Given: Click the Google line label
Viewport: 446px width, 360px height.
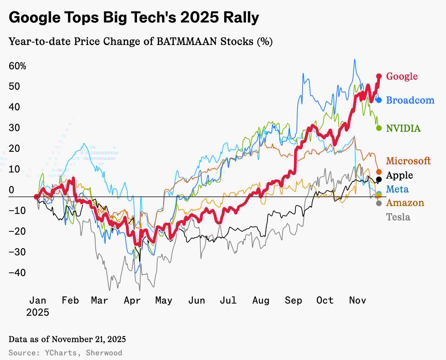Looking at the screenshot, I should tap(402, 76).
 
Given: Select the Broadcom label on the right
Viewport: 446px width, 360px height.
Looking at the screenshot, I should tap(410, 100).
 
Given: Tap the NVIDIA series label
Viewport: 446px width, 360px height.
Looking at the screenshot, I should tap(404, 128).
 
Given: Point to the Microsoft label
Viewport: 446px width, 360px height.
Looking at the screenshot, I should tap(408, 161).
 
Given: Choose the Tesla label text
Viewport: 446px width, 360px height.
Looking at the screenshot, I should tap(398, 217).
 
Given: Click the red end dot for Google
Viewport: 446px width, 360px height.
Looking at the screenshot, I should tap(379, 76).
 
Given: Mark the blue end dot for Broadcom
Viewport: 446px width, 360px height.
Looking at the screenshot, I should tap(379, 100).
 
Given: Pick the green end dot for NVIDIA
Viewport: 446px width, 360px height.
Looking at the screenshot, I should tap(379, 128).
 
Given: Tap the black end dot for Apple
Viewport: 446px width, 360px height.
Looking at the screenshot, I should tap(379, 179).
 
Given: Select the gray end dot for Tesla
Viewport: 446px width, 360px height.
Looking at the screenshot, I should tap(379, 203).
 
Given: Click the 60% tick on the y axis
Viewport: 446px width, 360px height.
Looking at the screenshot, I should tap(17, 66).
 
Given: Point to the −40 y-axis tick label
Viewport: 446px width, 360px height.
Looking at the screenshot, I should tap(17, 272).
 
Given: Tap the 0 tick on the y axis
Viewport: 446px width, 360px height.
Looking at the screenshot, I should tap(11, 190).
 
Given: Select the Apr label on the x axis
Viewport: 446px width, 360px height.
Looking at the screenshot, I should tap(132, 300).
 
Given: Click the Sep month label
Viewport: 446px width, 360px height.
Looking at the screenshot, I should tap(293, 300).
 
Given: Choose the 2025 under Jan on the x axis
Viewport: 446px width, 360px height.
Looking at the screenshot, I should tap(37, 312).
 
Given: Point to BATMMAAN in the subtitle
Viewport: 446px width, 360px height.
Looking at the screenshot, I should tap(187, 41).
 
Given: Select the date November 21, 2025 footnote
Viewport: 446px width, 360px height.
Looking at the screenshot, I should tap(89, 339).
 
